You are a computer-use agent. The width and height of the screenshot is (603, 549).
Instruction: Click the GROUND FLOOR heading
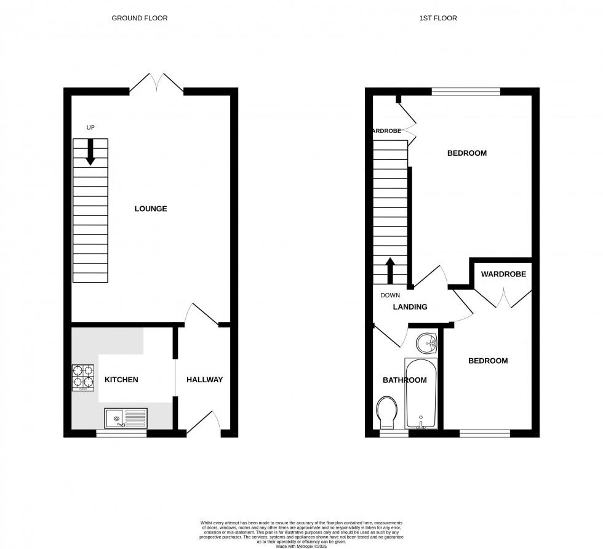point(139,18)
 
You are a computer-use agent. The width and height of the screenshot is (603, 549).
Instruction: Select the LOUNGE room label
point(151,209)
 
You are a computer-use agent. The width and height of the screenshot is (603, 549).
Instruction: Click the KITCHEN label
point(121,380)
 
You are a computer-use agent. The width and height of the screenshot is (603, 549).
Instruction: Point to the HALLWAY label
point(204,380)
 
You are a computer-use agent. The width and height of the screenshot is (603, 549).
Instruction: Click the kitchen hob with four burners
point(84,378)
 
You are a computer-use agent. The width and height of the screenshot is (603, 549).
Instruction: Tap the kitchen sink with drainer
point(126,419)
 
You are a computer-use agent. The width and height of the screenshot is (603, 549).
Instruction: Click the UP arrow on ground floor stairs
point(90,152)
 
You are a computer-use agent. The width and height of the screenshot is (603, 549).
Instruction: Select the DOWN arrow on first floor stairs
point(390,269)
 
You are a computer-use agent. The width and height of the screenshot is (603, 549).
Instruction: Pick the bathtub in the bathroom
point(421,394)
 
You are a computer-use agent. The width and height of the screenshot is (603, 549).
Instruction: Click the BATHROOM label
point(404,380)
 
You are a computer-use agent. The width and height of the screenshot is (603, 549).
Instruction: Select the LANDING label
point(410,307)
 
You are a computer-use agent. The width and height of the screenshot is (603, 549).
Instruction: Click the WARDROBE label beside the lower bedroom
point(503,274)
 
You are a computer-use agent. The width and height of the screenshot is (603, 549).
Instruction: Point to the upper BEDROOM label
point(466,153)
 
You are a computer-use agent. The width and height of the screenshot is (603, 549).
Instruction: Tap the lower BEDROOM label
point(488,361)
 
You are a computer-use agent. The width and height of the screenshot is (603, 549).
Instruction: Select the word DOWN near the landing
point(390,295)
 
